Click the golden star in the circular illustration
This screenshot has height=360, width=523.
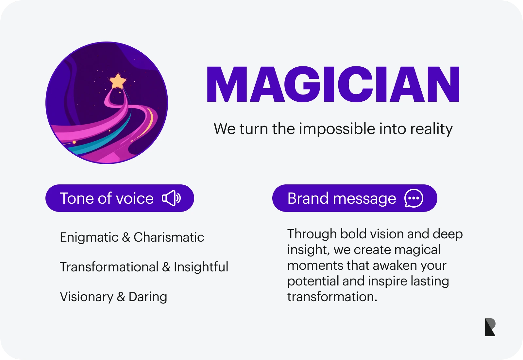pyautogui.click(x=118, y=81)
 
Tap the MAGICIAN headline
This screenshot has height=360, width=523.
pyautogui.click(x=333, y=84)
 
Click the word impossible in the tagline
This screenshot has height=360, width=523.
pyautogui.click(x=337, y=129)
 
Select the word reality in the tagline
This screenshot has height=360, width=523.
pyautogui.click(x=431, y=129)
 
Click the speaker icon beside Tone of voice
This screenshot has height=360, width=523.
pyautogui.click(x=171, y=198)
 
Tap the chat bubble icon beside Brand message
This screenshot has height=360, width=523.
pyautogui.click(x=414, y=198)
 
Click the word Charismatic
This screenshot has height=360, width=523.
pyautogui.click(x=169, y=237)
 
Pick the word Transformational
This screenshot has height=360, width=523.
pyautogui.click(x=109, y=267)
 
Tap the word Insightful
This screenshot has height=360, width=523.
pyautogui.click(x=201, y=267)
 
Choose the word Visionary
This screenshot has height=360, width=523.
pyautogui.click(x=87, y=297)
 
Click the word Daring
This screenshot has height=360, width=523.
pyautogui.click(x=148, y=297)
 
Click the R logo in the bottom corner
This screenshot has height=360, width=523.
pyautogui.click(x=490, y=327)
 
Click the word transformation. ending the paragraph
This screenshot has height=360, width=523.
pyautogui.click(x=332, y=297)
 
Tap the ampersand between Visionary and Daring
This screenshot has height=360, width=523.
pyautogui.click(x=121, y=297)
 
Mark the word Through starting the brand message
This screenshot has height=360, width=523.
pyautogui.click(x=312, y=234)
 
